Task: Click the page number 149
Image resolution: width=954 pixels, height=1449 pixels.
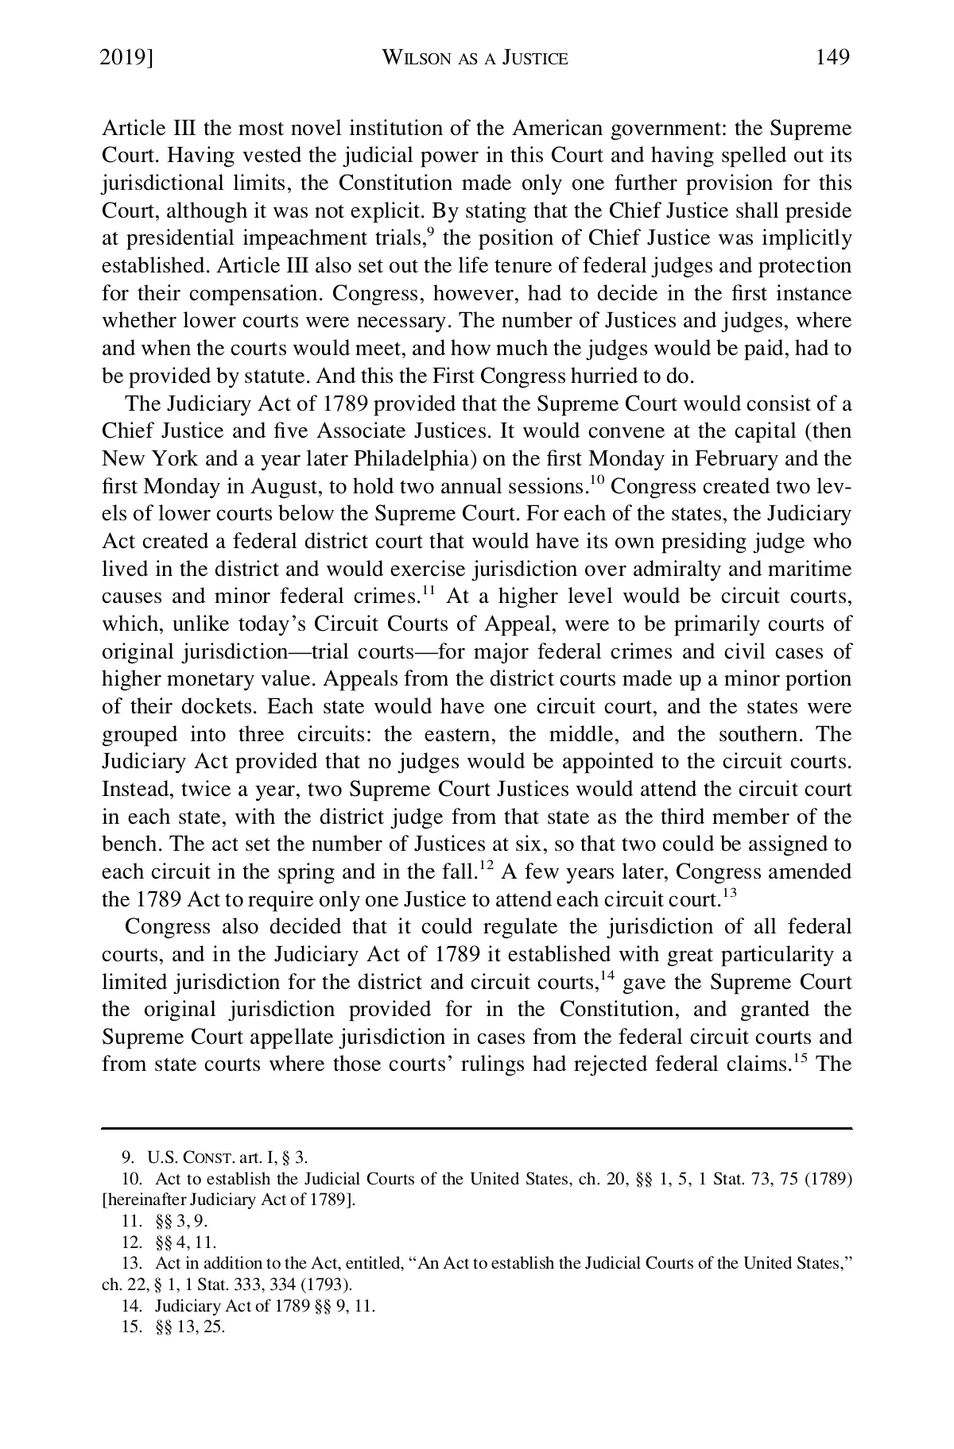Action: pos(832,57)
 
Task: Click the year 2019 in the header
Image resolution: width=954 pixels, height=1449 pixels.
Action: pos(124,57)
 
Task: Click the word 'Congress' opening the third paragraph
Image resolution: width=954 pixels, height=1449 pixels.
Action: pos(168,927)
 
